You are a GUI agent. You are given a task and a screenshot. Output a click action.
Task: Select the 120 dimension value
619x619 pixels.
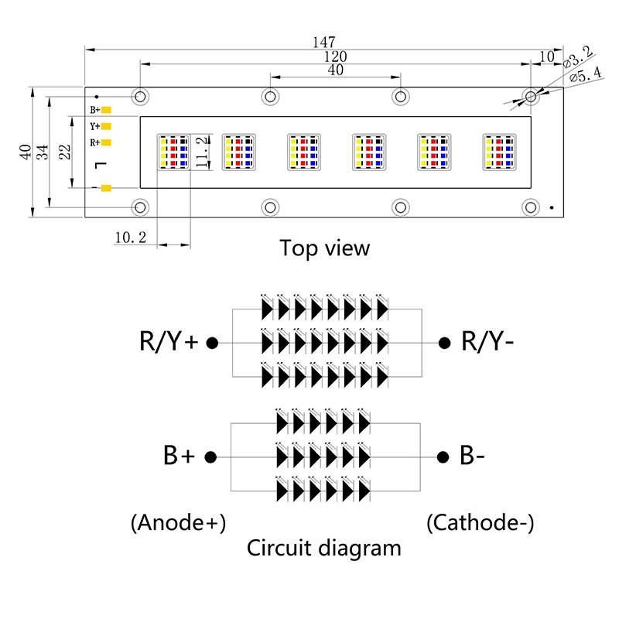pos(335,56)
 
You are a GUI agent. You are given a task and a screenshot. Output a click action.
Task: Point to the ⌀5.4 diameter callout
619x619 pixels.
pos(585,74)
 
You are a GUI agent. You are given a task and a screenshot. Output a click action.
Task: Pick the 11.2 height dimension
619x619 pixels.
pos(202,152)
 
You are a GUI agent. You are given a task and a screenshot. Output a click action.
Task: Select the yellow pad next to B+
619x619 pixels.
pos(107,110)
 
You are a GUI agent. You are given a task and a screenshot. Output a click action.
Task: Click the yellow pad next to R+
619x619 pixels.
pos(107,142)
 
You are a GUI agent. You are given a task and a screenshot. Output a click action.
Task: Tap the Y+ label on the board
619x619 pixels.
pos(94,126)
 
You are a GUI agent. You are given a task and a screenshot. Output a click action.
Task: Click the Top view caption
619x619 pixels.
pos(325,248)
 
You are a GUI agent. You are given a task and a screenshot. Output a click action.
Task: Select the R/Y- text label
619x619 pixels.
pos(488,340)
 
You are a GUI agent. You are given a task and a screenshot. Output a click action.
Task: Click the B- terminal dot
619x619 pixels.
pos(443,457)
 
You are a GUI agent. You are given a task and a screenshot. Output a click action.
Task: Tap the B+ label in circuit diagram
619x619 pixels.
pos(179,457)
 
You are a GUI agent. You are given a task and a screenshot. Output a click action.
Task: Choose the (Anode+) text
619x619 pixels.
pos(179,523)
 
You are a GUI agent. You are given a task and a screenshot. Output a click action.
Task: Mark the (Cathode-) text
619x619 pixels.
pos(480,523)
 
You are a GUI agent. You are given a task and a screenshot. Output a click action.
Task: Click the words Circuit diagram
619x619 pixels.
pos(324,549)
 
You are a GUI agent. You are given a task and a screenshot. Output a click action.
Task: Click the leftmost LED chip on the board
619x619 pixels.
pos(173,152)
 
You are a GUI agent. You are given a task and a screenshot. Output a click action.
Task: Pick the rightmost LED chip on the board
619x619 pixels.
pos(498,152)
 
